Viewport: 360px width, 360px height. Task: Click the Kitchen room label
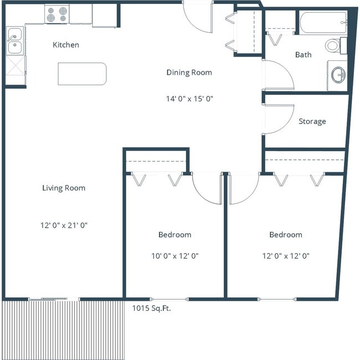(65, 45)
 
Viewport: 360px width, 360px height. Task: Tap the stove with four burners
(56, 14)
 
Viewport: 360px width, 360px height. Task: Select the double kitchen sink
(15, 42)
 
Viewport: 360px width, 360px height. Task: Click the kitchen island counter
(82, 74)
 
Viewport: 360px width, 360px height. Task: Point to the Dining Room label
(189, 73)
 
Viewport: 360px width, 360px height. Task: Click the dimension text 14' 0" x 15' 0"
(189, 99)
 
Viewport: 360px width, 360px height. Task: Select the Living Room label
(64, 188)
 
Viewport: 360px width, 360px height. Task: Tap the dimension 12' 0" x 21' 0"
(64, 225)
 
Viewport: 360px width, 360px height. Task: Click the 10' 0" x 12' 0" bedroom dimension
(174, 256)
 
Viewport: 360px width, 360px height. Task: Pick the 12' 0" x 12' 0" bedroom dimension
(285, 256)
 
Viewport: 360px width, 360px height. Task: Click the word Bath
(303, 55)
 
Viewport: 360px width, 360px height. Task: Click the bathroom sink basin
(337, 74)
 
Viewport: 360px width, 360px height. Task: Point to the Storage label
(312, 121)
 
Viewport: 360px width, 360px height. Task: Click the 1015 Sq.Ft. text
(151, 308)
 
